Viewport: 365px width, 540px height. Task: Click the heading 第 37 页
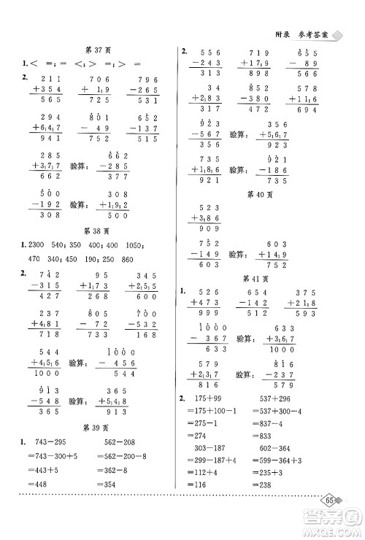point(96,49)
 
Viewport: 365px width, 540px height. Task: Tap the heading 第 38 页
point(96,227)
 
